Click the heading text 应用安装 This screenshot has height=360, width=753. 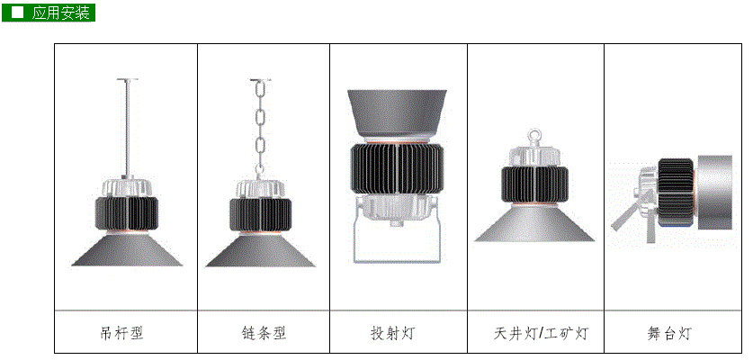point(60,13)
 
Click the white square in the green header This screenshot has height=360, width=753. point(17,13)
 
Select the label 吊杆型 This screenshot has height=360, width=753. point(122,333)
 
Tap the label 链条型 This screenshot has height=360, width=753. point(264,333)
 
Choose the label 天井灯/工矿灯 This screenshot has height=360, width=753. point(541,333)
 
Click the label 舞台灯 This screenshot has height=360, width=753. point(668,333)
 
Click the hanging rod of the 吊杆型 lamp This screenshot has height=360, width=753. point(127,128)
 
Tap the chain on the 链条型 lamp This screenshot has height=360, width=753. point(260,129)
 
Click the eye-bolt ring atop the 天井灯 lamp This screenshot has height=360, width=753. point(534,135)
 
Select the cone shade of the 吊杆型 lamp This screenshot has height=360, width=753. point(127,250)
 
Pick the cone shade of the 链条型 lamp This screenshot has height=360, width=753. point(260,250)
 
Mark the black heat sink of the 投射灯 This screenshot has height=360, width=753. point(397,168)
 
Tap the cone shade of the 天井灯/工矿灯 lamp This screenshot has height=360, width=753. point(534,223)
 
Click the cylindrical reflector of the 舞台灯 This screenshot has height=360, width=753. point(714,193)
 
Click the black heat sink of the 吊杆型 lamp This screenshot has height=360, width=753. point(127,213)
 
